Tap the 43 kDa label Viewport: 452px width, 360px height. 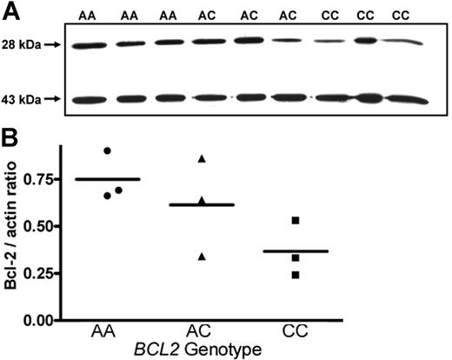tap(19, 99)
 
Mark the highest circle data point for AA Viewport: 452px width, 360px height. tap(107, 150)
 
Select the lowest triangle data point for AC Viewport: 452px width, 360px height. tap(202, 256)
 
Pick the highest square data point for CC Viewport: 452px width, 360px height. tap(296, 221)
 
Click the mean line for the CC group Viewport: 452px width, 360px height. tap(296, 251)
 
